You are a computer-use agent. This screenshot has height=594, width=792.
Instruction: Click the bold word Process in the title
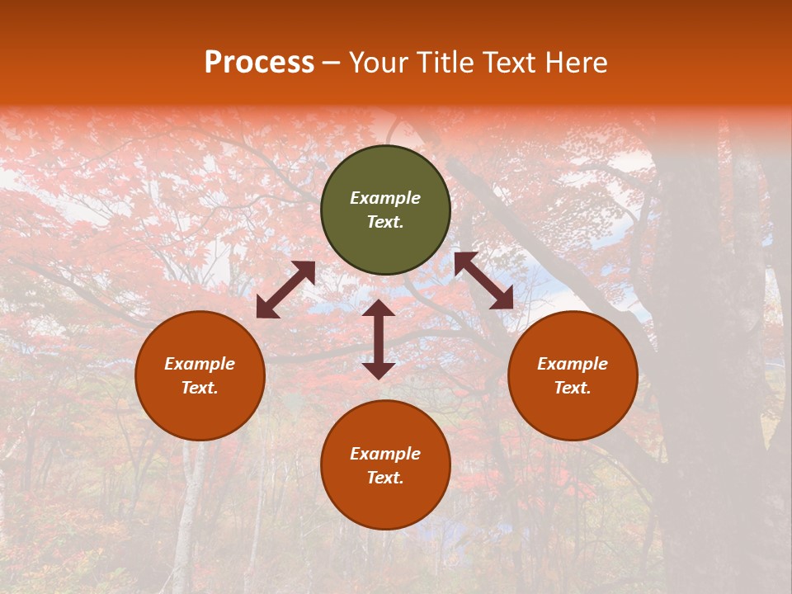click(x=259, y=63)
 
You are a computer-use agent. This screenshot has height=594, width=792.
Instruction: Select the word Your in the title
click(x=378, y=63)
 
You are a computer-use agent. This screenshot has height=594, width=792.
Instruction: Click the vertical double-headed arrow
click(x=379, y=340)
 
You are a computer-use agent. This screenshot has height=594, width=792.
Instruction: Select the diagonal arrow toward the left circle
click(x=285, y=290)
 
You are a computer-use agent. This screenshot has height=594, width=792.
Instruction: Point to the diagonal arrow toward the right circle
click(x=483, y=280)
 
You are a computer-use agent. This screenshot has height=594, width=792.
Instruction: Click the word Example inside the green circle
click(x=385, y=198)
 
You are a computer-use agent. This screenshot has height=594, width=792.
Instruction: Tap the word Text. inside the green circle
click(x=385, y=222)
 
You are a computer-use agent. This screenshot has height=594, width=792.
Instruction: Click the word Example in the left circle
click(x=200, y=364)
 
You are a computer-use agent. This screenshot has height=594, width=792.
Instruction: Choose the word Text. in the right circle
click(x=573, y=388)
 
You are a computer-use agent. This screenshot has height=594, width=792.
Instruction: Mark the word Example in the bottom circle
click(x=385, y=454)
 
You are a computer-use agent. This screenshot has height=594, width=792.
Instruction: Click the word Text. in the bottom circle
click(x=385, y=478)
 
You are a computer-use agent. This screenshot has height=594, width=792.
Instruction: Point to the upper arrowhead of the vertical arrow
click(x=379, y=308)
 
